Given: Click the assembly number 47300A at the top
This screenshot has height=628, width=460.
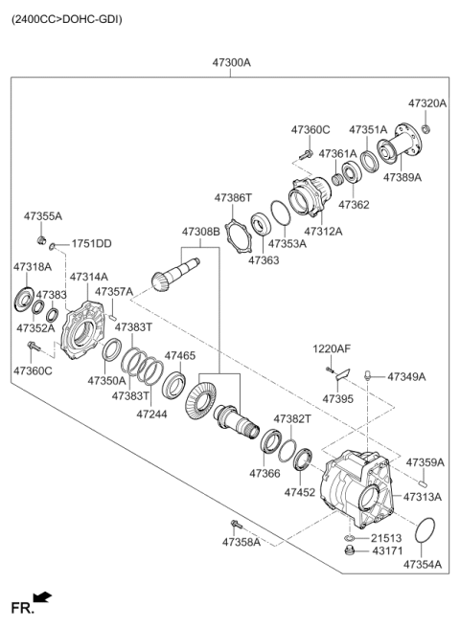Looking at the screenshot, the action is pos(231,63).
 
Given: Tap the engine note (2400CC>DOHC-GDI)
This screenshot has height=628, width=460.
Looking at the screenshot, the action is pos(66,19).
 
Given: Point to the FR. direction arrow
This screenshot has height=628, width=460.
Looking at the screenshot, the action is pos(42,597).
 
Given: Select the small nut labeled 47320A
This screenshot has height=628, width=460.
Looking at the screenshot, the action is pos(426,129).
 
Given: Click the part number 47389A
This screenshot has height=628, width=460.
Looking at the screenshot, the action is pos(402,177).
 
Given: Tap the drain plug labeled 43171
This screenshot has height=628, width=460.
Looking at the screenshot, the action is pos(350,550).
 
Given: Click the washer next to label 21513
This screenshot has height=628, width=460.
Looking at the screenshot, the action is pos(349,537).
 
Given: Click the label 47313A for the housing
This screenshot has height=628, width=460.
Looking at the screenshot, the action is pos(423,497).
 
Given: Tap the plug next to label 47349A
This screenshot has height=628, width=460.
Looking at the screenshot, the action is pos(366,375).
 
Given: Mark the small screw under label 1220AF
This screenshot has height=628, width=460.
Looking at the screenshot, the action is pos(330,370).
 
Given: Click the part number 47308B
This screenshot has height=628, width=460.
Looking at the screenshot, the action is pos(201,232).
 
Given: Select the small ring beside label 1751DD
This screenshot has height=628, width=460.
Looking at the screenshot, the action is pos(52,246).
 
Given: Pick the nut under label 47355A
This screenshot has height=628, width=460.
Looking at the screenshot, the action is pos(41,240).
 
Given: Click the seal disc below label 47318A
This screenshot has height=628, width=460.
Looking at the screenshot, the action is pos(24,298).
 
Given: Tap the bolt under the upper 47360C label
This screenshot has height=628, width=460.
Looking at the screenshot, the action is pos(307,154).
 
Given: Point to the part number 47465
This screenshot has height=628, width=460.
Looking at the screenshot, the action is pos(180,356).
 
